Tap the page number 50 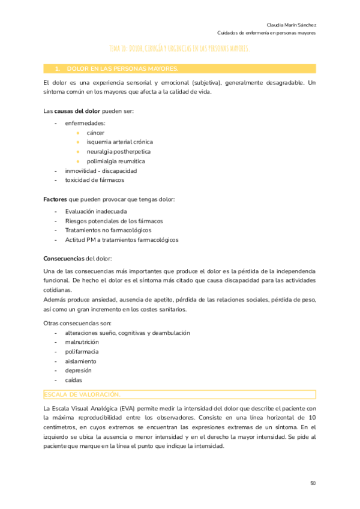[313, 483]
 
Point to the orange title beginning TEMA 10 [179, 48]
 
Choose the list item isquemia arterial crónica [119, 142]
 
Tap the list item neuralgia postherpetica [118, 151]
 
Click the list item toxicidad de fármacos [95, 180]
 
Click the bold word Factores [55, 199]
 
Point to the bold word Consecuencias [64, 259]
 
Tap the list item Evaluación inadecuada [95, 211]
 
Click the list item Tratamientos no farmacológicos [108, 230]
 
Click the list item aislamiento [80, 361]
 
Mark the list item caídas [74, 380]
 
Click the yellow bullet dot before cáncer [77, 132]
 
